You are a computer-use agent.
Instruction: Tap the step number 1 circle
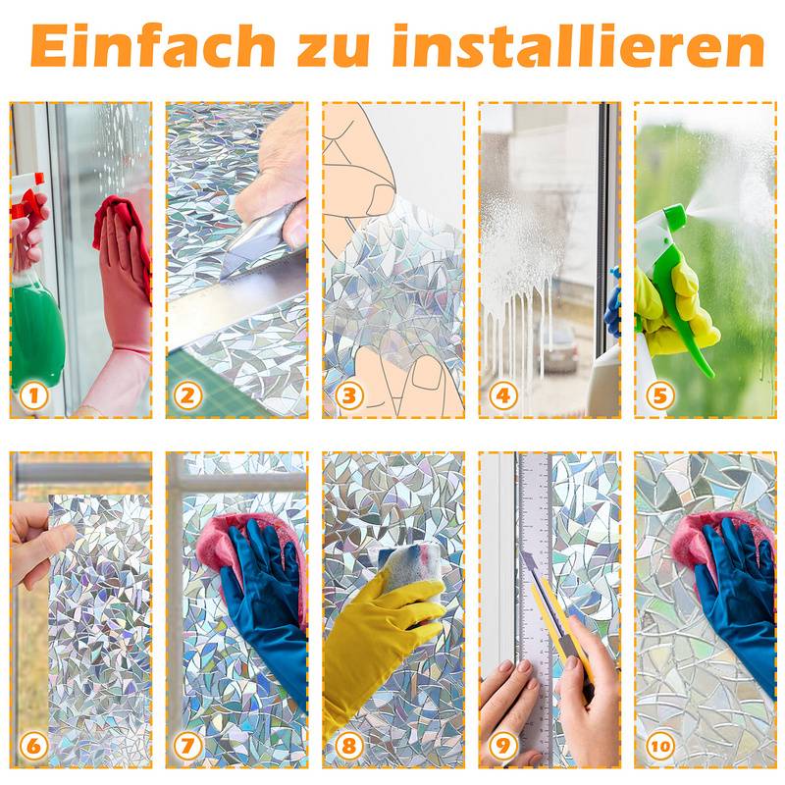click(33, 395)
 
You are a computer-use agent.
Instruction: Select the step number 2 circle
click(188, 395)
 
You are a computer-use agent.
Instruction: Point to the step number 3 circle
click(345, 395)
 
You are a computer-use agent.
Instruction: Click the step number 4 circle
click(502, 395)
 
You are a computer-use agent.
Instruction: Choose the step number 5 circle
click(658, 395)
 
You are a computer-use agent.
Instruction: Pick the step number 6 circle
click(33, 746)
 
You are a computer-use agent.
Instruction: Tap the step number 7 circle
click(188, 746)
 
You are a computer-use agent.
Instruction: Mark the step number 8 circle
click(345, 746)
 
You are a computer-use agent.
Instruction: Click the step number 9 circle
click(502, 746)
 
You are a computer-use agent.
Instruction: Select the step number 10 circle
click(658, 746)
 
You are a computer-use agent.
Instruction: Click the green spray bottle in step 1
click(36, 324)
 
